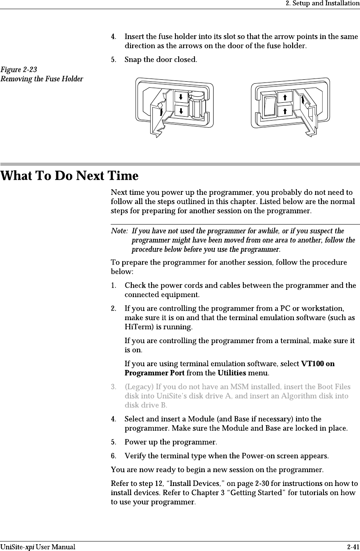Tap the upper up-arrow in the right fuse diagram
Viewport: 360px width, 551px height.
tap(285, 97)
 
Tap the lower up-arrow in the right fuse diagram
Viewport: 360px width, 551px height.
tap(285, 111)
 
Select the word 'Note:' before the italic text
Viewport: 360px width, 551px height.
tap(119, 231)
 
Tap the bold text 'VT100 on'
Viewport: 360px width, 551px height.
tap(318, 364)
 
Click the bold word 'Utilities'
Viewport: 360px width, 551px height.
tap(232, 373)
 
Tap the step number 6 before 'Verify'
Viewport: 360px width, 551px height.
tap(113, 455)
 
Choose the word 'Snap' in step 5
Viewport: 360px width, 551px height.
tap(133, 60)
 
